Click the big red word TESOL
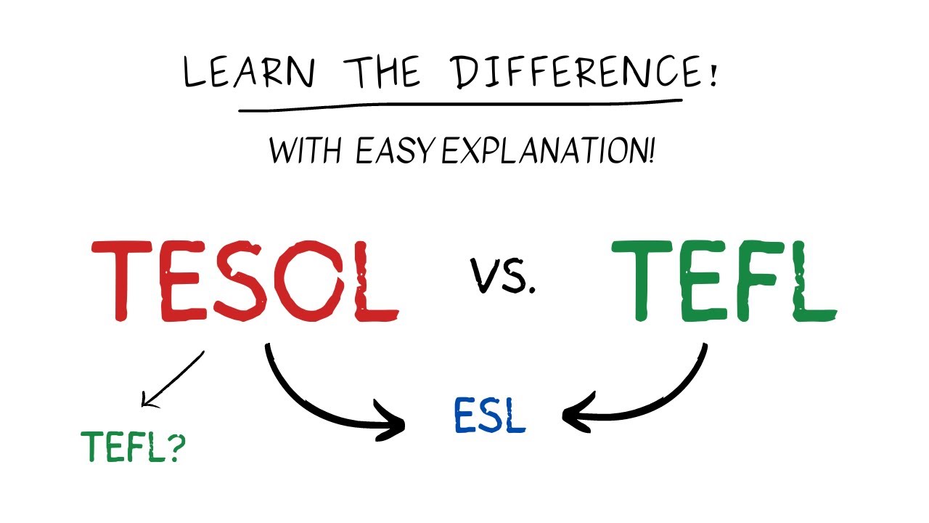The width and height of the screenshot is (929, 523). coord(245,281)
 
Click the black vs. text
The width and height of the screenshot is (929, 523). coord(503,276)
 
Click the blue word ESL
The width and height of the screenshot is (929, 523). coord(489,415)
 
